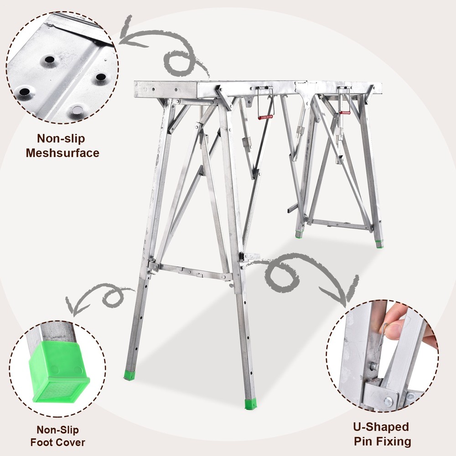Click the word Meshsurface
tap(62, 152)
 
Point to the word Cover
tap(71, 442)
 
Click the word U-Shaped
tap(382, 427)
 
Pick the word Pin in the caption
tap(363, 441)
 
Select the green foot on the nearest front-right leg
tap(250, 404)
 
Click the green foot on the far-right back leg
tap(379, 244)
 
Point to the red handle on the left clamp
tap(265, 117)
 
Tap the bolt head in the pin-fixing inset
tap(388, 401)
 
